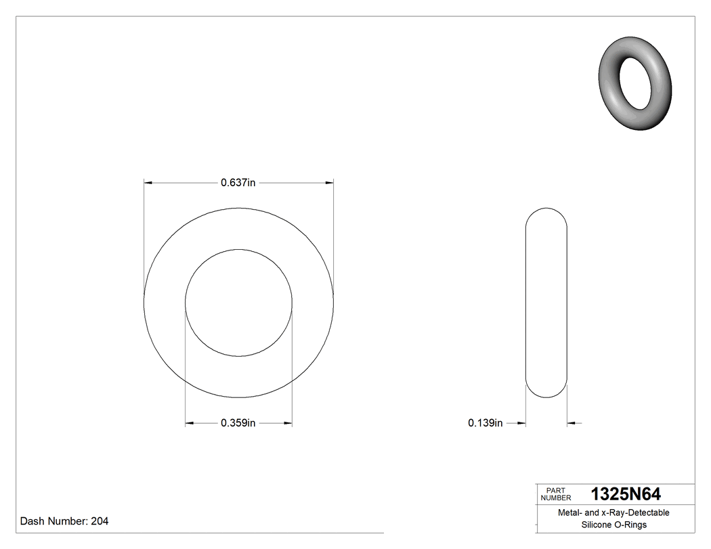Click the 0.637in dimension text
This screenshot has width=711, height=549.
pyautogui.click(x=238, y=182)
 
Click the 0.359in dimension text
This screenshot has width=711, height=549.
pyautogui.click(x=238, y=424)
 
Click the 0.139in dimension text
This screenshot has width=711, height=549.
pyautogui.click(x=485, y=424)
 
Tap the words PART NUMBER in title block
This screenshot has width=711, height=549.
pyautogui.click(x=556, y=494)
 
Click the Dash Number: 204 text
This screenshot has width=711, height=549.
pyautogui.click(x=64, y=521)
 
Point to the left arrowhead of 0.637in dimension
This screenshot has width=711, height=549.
pyautogui.click(x=148, y=182)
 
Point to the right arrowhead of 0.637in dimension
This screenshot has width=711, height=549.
pyautogui.click(x=329, y=182)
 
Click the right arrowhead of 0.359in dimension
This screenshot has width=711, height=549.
pyautogui.click(x=288, y=424)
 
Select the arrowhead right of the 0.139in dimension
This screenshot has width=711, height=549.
pyautogui.click(x=572, y=424)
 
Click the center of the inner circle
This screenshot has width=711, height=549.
pyautogui.click(x=239, y=303)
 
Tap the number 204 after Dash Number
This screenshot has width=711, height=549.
pyautogui.click(x=100, y=521)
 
